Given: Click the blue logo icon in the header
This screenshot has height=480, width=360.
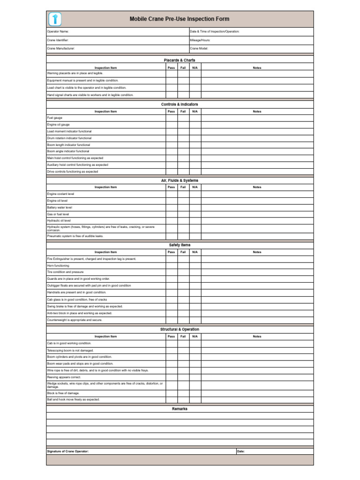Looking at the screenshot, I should [x=55, y=19].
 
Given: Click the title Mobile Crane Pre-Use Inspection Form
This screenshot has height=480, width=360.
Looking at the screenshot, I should [x=180, y=19].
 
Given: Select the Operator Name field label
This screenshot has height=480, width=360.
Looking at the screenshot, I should [x=58, y=31].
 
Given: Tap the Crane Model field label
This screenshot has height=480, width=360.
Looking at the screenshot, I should [x=199, y=48].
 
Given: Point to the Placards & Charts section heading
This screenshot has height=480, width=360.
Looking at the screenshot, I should [x=180, y=60].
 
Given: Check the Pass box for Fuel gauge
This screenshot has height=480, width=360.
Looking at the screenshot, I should [x=171, y=118].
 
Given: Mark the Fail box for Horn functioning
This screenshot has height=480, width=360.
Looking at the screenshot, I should [x=183, y=265].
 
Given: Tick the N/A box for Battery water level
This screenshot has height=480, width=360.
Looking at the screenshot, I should [x=195, y=207].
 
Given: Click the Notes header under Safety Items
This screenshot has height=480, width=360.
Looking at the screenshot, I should [x=257, y=252].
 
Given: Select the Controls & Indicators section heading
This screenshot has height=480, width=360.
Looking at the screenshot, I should [x=180, y=105].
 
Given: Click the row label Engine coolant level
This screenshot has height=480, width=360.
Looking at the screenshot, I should [x=60, y=194].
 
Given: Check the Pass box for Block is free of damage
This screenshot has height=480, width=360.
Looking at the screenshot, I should [x=171, y=393].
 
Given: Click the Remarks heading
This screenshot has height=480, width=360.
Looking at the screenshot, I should [x=180, y=409].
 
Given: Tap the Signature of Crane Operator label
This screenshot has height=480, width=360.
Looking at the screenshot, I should [x=68, y=451].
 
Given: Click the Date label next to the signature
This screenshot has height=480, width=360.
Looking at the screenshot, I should [x=241, y=451].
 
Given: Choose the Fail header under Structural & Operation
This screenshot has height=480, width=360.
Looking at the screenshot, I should [x=183, y=337].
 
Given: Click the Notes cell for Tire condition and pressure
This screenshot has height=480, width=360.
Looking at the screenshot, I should [x=257, y=272].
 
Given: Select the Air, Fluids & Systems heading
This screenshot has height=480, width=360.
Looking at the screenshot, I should [x=180, y=180].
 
